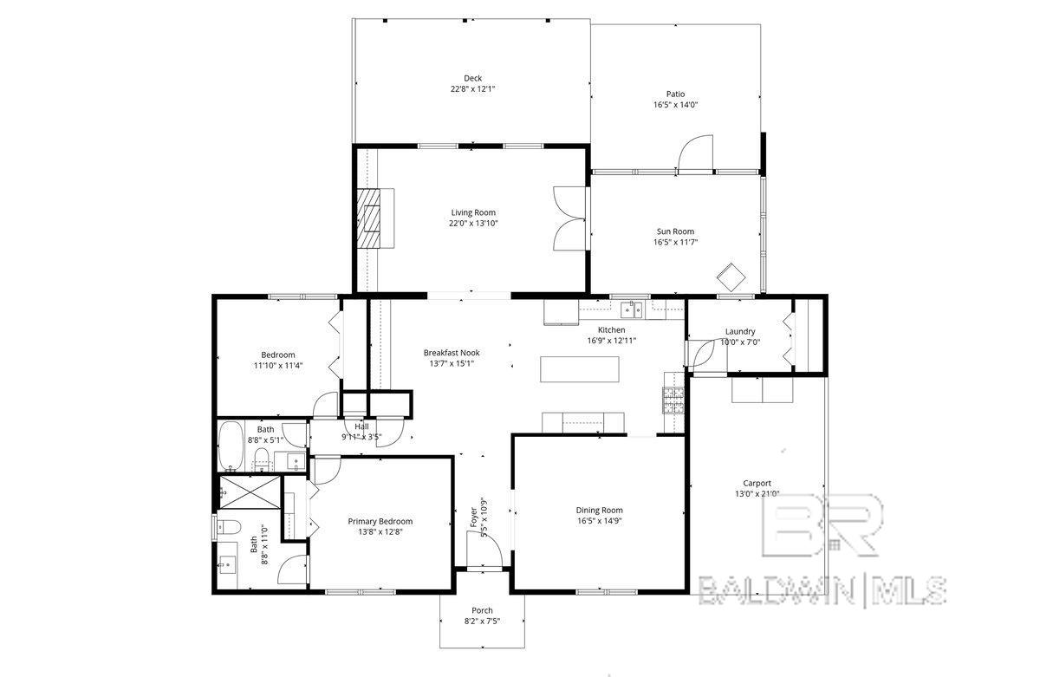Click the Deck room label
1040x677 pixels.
(x=472, y=79)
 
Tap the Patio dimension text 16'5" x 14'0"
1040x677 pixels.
(x=675, y=105)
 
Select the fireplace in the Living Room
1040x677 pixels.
(x=368, y=218)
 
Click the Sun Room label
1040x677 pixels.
(x=675, y=231)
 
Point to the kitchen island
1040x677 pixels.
(x=580, y=369)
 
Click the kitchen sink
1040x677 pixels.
(x=632, y=309)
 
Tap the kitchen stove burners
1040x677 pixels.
(x=673, y=400)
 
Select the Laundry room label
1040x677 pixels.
(x=740, y=331)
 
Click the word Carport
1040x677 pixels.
(x=757, y=483)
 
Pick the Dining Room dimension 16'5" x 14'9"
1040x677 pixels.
(x=600, y=521)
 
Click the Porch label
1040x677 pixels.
(x=482, y=610)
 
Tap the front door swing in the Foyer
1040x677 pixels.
(x=484, y=550)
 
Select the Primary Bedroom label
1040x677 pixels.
(x=380, y=522)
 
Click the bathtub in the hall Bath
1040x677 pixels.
(x=231, y=446)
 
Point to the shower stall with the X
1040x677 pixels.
(x=250, y=492)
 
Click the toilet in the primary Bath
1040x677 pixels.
(x=229, y=527)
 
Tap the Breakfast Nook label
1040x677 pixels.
(x=452, y=353)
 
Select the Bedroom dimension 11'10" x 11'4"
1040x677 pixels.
(x=278, y=366)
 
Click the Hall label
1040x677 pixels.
(x=361, y=426)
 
